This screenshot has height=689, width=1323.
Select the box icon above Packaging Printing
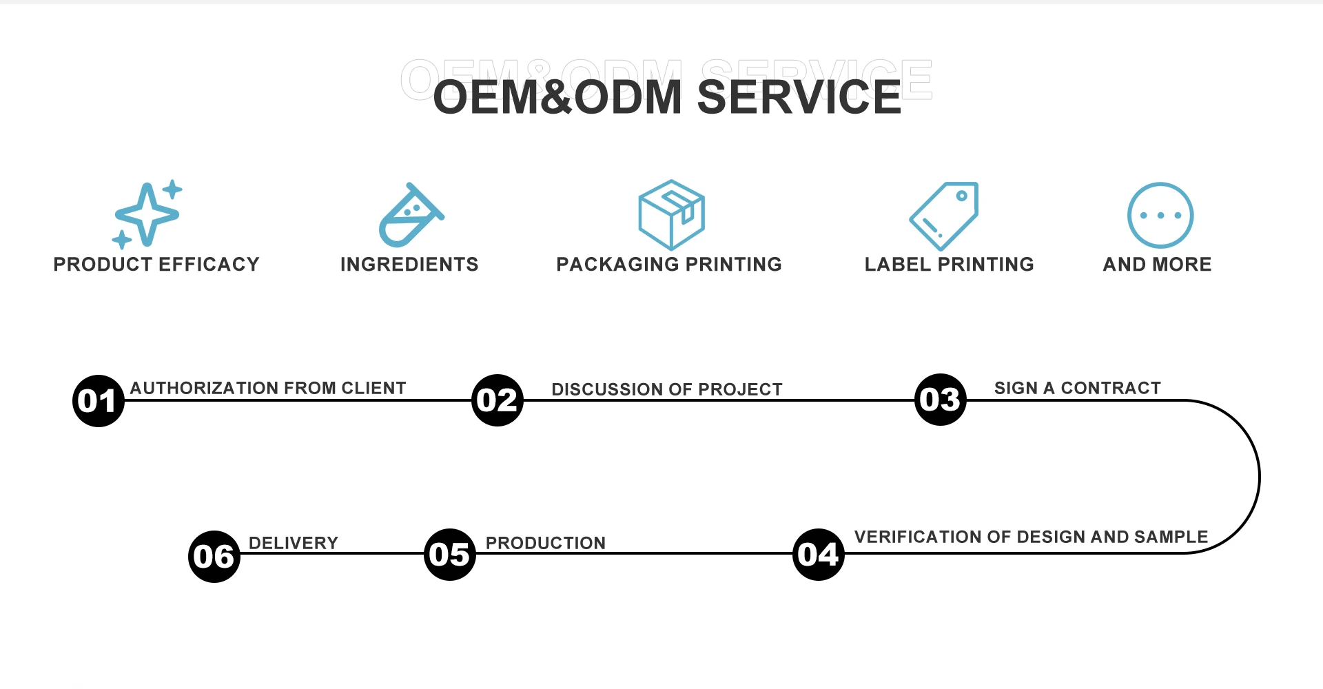(671, 214)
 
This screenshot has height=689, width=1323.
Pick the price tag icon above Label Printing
(943, 216)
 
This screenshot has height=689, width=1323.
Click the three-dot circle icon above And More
(1160, 215)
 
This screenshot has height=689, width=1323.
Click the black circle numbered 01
(99, 401)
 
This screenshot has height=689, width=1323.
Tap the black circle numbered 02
(498, 400)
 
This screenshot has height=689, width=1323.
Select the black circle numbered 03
(941, 400)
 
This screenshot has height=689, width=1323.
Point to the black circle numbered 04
(819, 555)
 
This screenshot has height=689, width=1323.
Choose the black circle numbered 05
(450, 555)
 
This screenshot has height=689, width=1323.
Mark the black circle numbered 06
(214, 557)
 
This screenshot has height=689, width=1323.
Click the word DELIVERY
(294, 543)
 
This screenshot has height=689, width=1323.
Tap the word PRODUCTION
(546, 543)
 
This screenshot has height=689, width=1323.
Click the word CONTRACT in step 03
(1111, 388)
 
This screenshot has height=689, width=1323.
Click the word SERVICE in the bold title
(799, 96)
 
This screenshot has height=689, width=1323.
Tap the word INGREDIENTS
(409, 264)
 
